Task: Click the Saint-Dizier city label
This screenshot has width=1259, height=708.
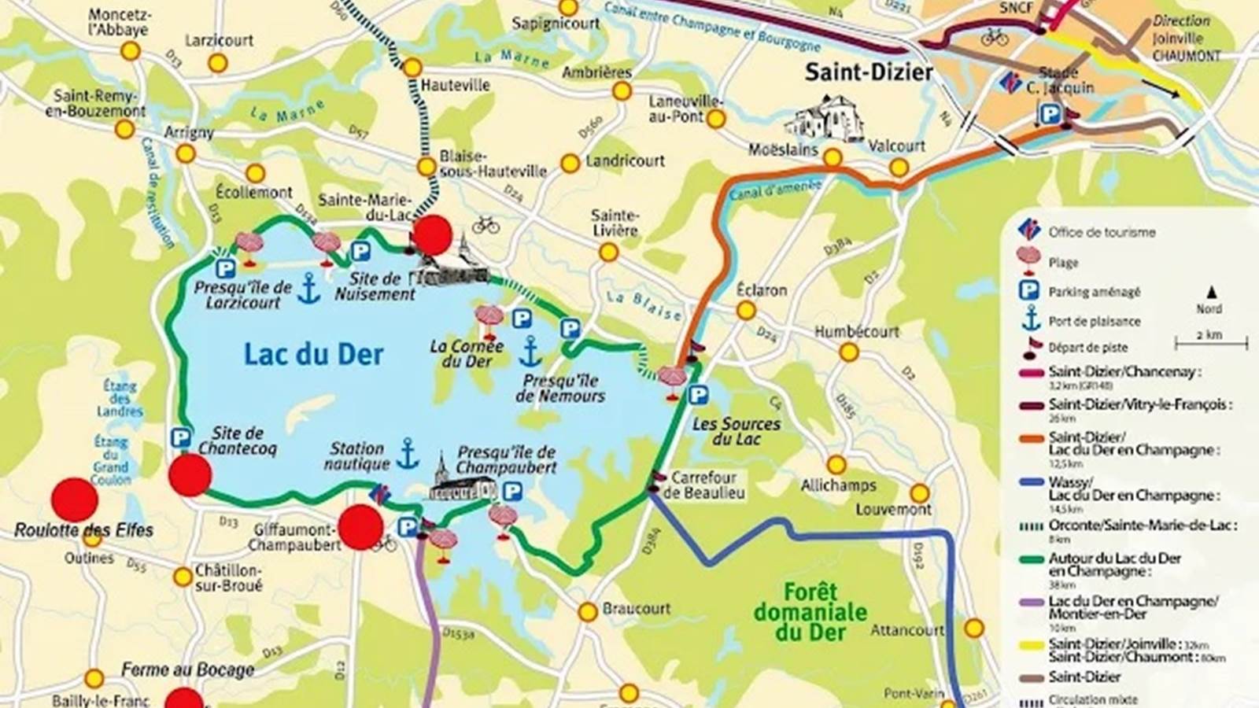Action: point(868,72)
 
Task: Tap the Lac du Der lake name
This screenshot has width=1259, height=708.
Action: point(313,354)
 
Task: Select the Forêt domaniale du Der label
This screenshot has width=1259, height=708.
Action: point(810,612)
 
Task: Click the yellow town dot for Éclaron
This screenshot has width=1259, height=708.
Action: point(746,311)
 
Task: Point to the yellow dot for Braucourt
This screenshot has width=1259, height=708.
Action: point(588,611)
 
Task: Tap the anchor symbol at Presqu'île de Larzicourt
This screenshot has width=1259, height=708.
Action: point(308,289)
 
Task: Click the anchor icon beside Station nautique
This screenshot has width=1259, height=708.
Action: point(407,454)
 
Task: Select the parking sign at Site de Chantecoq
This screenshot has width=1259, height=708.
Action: point(180,437)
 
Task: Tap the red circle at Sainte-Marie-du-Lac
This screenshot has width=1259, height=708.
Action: point(433,234)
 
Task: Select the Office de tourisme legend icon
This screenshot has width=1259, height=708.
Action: point(1029,230)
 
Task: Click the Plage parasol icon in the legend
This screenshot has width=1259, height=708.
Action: point(1029,257)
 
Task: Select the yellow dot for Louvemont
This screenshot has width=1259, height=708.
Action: point(919,494)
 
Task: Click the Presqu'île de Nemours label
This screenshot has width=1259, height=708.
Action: point(560,388)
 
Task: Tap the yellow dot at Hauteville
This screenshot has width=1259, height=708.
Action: point(412,68)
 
